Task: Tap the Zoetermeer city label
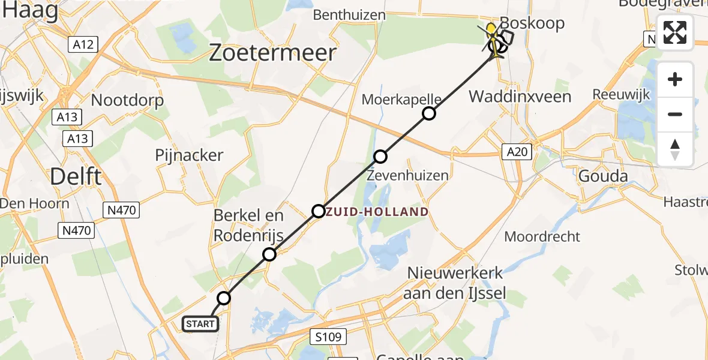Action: [x=272, y=53]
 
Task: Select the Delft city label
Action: [x=76, y=176]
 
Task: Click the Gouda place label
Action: [x=602, y=176]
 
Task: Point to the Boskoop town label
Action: [x=532, y=23]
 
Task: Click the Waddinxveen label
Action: [x=520, y=96]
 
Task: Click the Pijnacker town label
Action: [x=189, y=155]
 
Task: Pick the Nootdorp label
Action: [x=128, y=100]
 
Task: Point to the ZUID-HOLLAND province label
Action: [x=377, y=212]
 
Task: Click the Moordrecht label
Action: [x=542, y=236]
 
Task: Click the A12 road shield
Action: [x=83, y=44]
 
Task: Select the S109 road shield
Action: [x=329, y=336]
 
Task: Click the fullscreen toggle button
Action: [x=675, y=32]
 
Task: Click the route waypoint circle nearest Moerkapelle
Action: [x=429, y=113]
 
